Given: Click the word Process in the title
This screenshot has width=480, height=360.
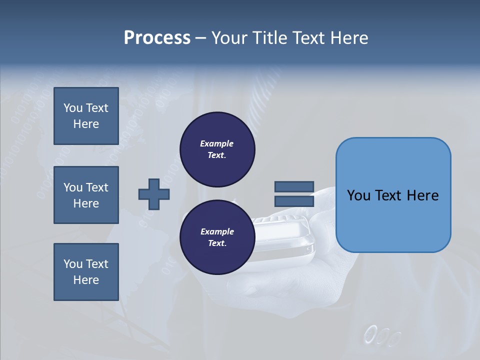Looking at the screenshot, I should tap(157, 38).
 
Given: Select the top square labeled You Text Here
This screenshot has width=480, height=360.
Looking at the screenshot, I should tap(86, 116).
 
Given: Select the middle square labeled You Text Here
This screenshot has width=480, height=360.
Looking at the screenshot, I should tap(86, 195).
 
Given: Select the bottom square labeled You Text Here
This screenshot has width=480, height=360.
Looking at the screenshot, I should tap(86, 272).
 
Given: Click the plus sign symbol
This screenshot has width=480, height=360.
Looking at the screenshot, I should tap(154, 194).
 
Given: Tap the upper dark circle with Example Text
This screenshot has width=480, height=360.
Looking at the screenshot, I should tap(217, 149).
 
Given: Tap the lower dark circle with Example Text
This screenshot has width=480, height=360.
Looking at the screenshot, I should tap(217, 237).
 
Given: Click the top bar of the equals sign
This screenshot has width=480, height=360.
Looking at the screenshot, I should tap(294, 187).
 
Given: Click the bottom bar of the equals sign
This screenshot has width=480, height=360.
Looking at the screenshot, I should tap(294, 201).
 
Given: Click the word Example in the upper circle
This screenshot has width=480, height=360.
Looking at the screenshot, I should tap(217, 143).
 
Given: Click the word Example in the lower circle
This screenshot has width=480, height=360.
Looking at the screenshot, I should tap(217, 231).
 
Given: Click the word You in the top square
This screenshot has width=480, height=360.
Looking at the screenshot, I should tap(73, 108).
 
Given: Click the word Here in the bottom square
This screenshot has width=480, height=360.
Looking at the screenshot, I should tap(86, 280).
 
